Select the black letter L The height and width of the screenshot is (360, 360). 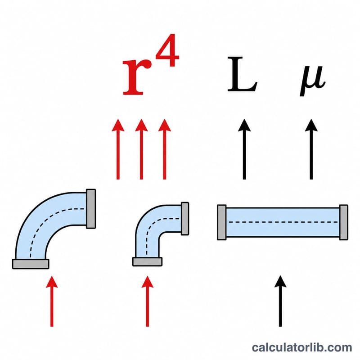[242, 74]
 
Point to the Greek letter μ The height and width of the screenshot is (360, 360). [312, 81]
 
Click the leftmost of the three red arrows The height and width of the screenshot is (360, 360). [118, 149]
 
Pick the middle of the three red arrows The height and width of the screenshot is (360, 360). [141, 149]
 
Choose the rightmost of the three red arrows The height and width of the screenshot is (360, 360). [165, 149]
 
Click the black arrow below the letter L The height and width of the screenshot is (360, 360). [244, 149]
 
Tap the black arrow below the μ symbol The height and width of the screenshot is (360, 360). [311, 149]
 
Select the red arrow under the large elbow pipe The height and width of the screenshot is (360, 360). [52, 301]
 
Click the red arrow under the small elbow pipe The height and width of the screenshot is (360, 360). [148, 301]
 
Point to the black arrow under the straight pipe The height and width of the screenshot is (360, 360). [280, 301]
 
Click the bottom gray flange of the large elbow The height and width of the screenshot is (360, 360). [31, 264]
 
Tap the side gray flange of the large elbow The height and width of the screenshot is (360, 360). [91, 209]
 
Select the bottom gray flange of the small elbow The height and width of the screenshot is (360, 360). [148, 261]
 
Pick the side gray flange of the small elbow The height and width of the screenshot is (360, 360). [185, 218]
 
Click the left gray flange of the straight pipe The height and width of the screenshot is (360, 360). [221, 222]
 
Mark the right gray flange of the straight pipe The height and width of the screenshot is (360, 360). [344, 222]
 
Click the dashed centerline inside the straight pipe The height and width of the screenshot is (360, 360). [283, 222]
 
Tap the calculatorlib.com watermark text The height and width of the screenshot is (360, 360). [302, 347]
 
